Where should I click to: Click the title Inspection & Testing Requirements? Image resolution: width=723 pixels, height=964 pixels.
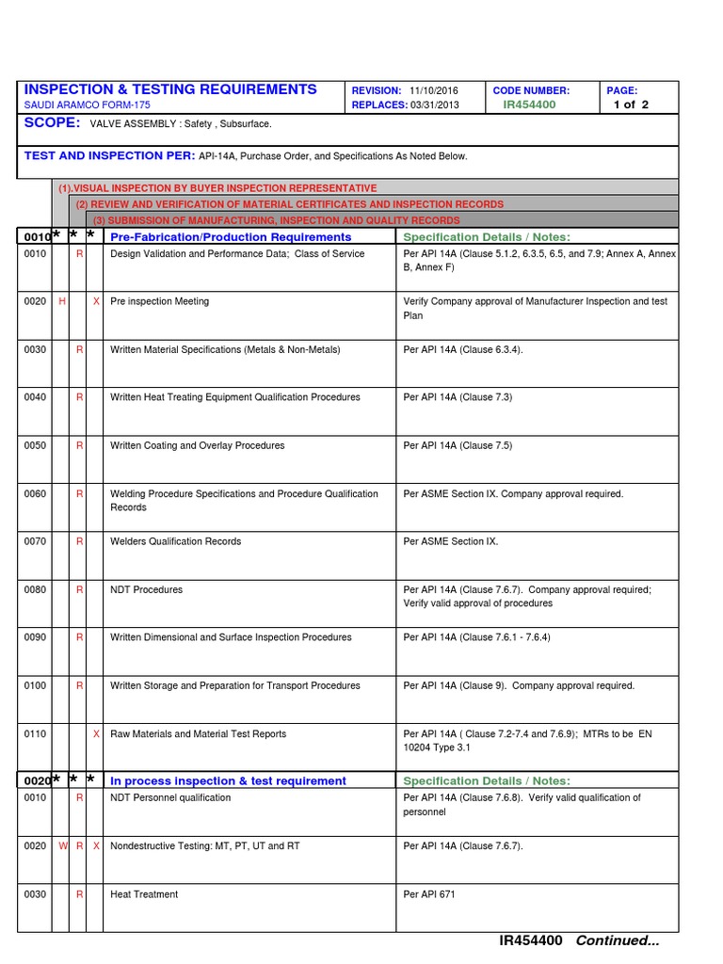(x=169, y=89)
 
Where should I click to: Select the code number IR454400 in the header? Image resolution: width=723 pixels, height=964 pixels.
(x=529, y=104)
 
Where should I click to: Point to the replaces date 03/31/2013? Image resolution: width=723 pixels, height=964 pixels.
(x=435, y=104)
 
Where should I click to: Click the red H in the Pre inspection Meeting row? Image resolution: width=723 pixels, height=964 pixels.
(x=62, y=301)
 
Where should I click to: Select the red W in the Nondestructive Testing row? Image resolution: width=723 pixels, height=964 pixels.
(x=63, y=846)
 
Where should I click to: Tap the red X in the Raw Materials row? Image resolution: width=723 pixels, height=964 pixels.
(x=97, y=733)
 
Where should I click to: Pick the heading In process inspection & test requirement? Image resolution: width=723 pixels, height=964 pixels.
(x=228, y=780)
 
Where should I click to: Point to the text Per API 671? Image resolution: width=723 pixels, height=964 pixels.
(x=429, y=894)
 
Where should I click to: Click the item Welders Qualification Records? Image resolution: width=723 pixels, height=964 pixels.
(x=175, y=541)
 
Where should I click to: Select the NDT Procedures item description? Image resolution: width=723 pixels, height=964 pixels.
(x=147, y=589)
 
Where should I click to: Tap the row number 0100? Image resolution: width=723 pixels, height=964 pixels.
(x=35, y=685)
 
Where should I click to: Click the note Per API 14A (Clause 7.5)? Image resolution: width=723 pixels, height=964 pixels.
(x=458, y=445)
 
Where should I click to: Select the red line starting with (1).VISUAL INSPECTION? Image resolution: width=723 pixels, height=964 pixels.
(x=217, y=188)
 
